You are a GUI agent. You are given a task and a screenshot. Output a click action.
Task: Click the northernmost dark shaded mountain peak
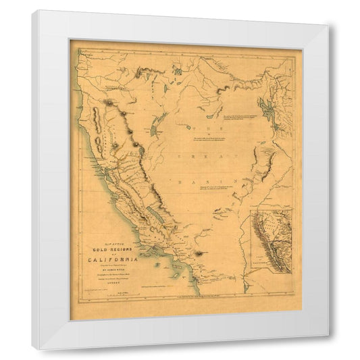click(108, 103)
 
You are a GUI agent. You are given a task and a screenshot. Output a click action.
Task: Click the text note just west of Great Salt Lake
click(243, 117)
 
